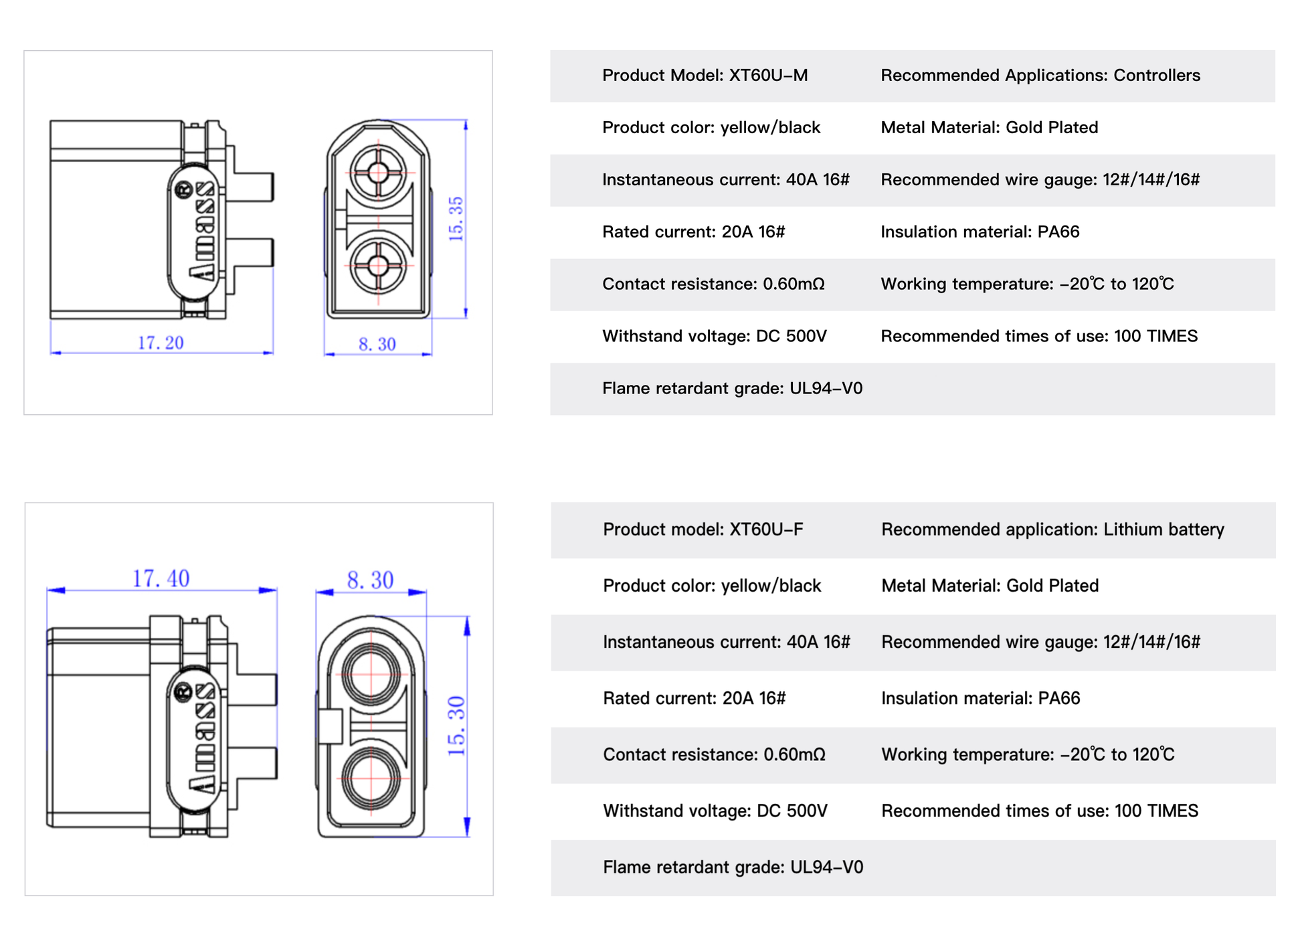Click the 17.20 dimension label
click(161, 343)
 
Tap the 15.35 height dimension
click(456, 219)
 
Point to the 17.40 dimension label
click(161, 578)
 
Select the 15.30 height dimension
click(456, 726)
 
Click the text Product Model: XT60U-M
click(705, 76)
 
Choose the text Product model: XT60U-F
click(703, 529)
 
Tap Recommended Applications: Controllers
click(1040, 76)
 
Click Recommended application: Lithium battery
click(1052, 529)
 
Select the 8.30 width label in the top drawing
click(377, 344)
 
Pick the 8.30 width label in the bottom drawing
click(370, 580)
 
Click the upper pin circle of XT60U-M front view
click(378, 173)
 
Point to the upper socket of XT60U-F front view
click(371, 675)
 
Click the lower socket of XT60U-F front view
click(371, 778)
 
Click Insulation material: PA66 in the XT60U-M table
click(980, 232)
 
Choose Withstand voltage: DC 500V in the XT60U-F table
click(715, 811)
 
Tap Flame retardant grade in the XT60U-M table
click(732, 389)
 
